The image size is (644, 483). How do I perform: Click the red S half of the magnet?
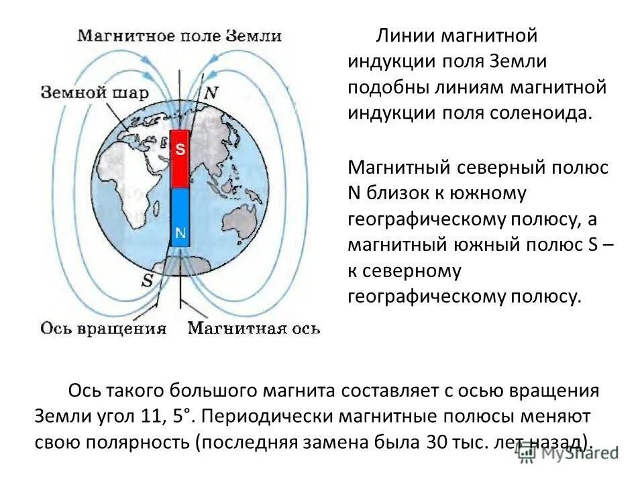[180, 160]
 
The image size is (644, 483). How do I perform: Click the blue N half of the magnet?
[180, 216]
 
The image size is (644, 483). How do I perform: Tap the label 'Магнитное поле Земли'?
[178, 36]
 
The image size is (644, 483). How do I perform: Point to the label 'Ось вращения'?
[103, 328]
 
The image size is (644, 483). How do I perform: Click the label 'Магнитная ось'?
[254, 328]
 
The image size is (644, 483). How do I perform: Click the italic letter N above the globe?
[211, 93]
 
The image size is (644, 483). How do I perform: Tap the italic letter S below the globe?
[146, 280]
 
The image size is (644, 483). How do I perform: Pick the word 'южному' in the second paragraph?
[488, 193]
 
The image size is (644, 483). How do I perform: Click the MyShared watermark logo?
[570, 453]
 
